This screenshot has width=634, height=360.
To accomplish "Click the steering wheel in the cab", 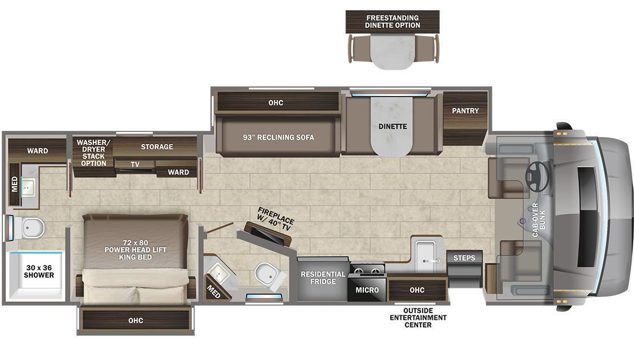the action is click(537, 177).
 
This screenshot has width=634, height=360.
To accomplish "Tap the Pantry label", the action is click(466, 110).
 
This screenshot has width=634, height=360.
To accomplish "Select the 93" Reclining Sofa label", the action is click(278, 138).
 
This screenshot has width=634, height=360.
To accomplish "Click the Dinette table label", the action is click(392, 127).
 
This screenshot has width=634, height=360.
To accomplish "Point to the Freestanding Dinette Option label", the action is click(392, 22).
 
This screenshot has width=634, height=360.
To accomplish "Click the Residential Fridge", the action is click(323, 279).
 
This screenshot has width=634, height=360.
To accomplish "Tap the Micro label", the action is click(367, 290).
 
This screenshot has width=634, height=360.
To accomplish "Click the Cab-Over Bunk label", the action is click(539, 220).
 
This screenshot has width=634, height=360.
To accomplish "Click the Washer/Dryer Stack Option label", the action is click(94, 153).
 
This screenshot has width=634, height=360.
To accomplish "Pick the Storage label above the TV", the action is click(157, 147).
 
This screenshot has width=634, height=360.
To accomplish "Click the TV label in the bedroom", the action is click(135, 164).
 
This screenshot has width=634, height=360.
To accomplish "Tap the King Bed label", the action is click(135, 250).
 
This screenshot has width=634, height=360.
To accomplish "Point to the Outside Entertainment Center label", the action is click(418, 318).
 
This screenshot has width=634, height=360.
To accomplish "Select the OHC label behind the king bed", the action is click(135, 321).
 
